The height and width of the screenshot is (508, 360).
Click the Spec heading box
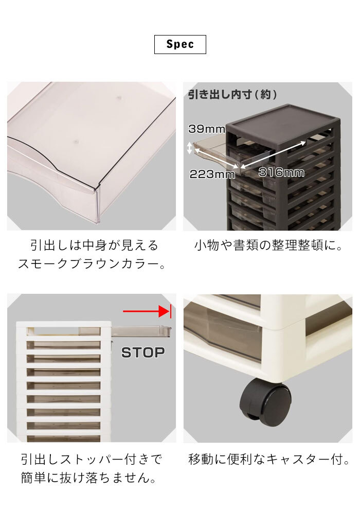pos(180,44)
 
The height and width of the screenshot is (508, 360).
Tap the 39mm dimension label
pos(207,129)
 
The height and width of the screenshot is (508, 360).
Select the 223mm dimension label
pos(212,174)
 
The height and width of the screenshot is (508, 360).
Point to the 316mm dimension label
pos(281,172)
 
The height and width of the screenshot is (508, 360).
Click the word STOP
pos(143,353)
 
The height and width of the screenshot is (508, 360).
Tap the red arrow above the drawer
pos(147,311)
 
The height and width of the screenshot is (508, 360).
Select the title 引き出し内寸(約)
pos(232,94)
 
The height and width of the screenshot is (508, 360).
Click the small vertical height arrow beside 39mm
pos(190,149)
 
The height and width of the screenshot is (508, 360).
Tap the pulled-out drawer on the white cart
pos(141,331)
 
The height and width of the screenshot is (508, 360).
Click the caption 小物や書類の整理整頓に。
pos(268,246)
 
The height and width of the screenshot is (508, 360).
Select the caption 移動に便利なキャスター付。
pos(269,459)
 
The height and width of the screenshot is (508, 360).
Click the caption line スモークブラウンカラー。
pos(92,264)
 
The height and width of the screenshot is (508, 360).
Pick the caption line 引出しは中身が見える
pos(94,246)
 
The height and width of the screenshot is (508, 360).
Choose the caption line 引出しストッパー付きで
pos(91,459)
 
